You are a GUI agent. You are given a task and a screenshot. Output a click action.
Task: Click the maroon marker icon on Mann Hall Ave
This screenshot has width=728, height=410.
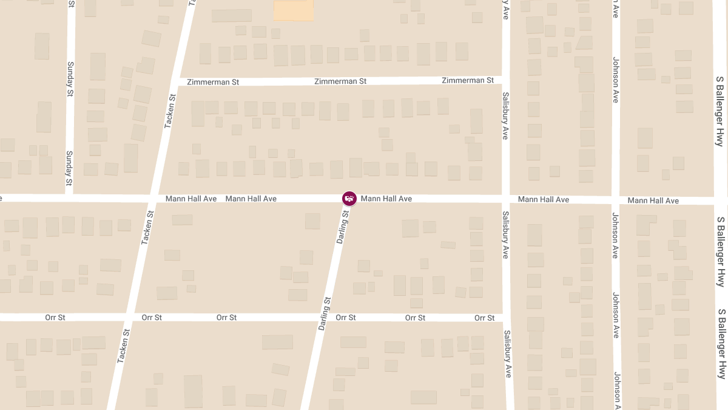tap(349, 198)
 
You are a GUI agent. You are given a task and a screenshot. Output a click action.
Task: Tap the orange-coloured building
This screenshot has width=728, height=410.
tap(294, 10)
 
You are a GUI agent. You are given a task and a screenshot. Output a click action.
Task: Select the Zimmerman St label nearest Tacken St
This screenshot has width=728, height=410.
tap(209, 82)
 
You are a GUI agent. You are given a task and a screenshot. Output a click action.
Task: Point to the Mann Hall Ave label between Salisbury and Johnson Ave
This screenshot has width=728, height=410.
tap(544, 199)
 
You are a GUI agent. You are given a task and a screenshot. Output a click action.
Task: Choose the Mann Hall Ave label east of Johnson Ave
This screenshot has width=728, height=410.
tap(653, 200)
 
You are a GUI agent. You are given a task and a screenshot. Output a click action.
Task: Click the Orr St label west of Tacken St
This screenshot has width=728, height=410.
tap(55, 318)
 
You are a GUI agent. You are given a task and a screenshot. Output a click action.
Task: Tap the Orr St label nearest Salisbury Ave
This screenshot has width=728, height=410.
tap(485, 318)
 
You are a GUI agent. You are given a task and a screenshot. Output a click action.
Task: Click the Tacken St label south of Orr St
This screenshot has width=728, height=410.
tap(124, 346)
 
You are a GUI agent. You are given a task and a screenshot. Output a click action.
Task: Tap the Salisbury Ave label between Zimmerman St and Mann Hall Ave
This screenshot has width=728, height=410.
tap(505, 116)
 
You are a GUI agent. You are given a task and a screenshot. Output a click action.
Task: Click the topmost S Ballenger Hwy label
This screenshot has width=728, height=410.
tap(720, 111)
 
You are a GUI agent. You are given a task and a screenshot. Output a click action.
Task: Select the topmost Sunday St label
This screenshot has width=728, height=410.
tap(70, 80)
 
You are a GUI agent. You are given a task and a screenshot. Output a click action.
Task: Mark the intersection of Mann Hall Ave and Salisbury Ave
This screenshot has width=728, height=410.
tap(506, 199)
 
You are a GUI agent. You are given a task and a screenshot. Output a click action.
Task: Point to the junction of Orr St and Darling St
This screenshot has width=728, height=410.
tap(325, 318)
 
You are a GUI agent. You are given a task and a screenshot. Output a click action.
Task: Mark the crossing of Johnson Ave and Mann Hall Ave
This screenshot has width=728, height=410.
tap(615, 200)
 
